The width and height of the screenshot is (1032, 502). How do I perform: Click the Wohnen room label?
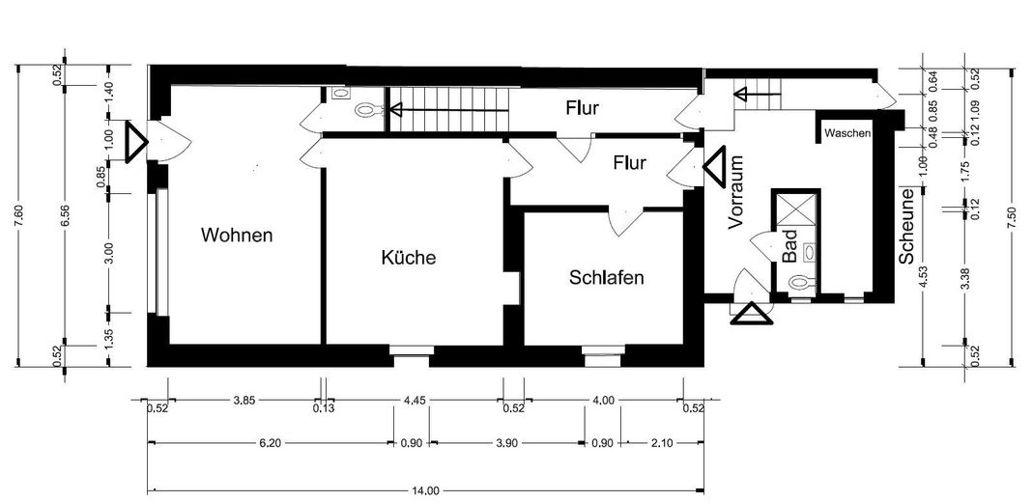tap(237, 235)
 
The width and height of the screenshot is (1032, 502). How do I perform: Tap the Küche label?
tap(409, 258)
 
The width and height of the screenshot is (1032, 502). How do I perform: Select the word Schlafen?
tap(607, 277)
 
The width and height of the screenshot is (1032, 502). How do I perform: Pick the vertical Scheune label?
tap(907, 228)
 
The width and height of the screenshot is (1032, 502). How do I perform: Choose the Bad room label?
tap(788, 247)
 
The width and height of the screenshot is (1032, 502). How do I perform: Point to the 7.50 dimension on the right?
tap(1012, 216)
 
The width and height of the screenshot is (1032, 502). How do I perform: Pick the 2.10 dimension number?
tap(663, 443)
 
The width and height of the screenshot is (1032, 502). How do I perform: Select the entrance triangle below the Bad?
tap(750, 315)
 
